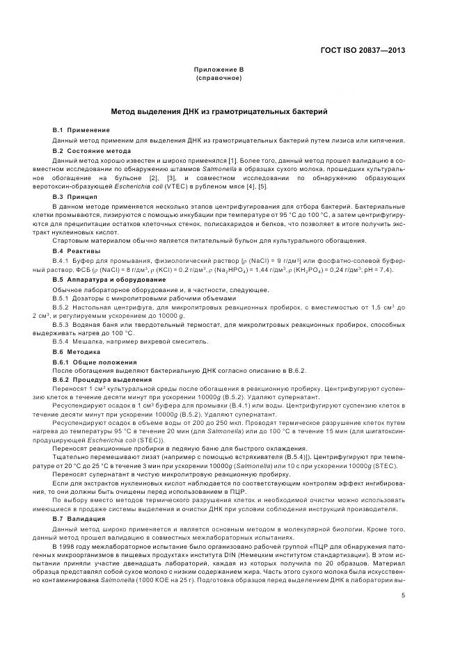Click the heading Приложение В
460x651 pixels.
[219, 70]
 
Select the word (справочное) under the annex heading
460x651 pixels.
[219, 78]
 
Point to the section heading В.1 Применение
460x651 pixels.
[81, 131]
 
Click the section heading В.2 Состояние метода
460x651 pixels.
[92, 150]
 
